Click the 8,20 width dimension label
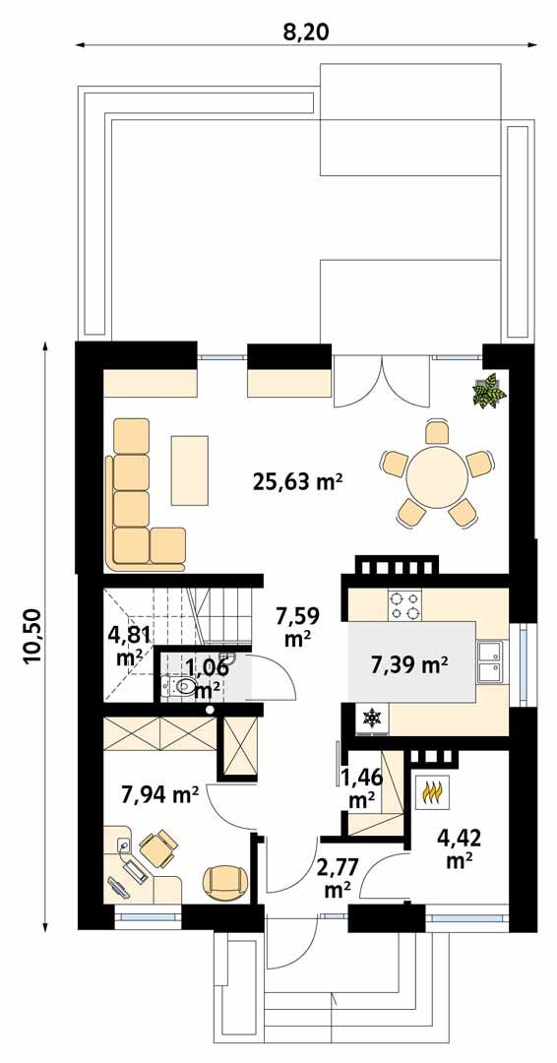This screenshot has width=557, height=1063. [305, 31]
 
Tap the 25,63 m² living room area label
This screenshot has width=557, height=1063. [297, 481]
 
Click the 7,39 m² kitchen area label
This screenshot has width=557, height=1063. [408, 666]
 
